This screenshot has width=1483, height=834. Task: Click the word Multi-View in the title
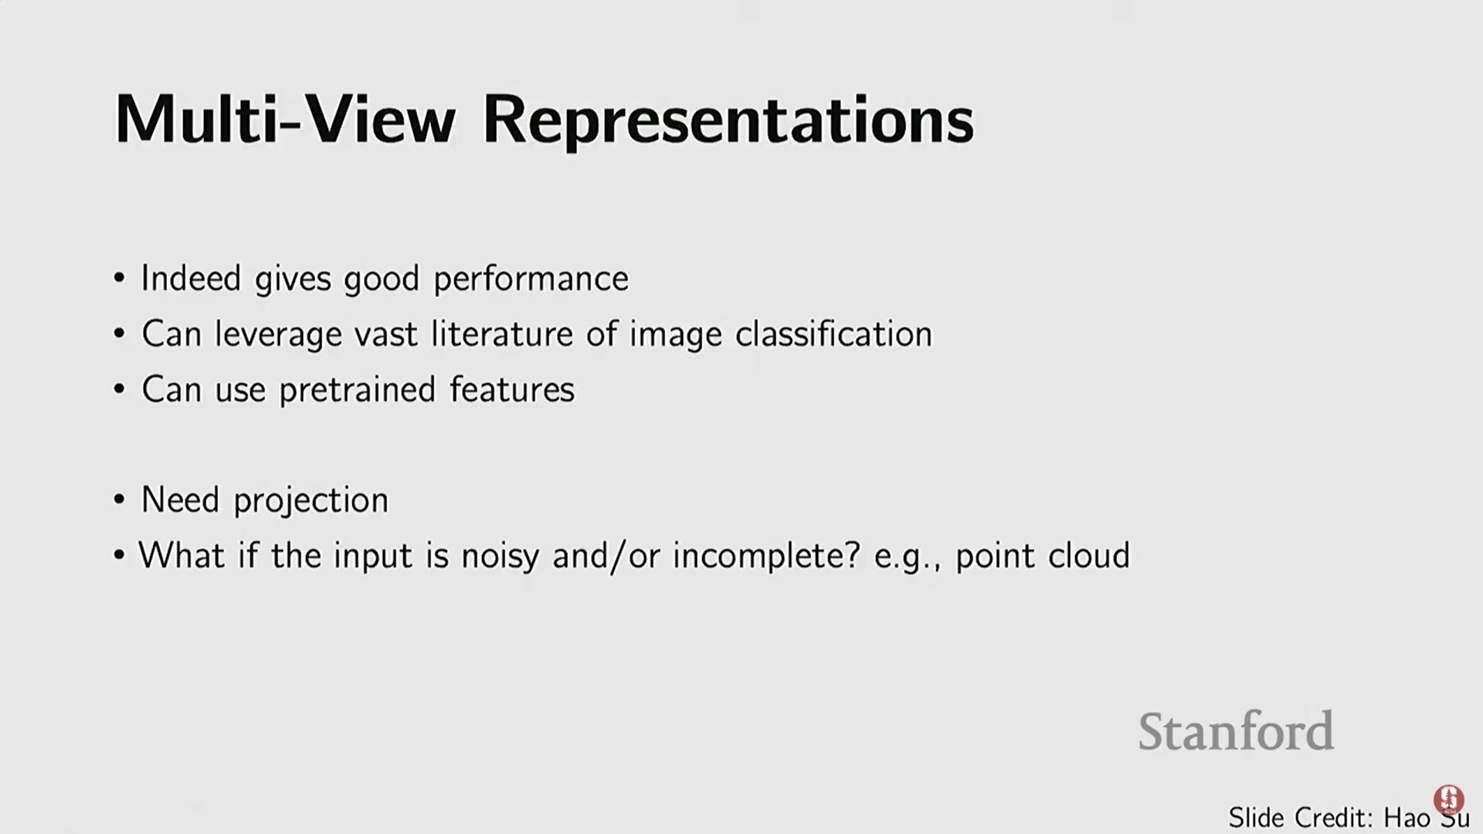pos(285,120)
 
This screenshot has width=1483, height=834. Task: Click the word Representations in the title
pos(728,122)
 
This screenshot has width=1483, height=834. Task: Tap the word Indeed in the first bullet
pos(191,278)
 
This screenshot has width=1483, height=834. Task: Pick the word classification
pos(833,334)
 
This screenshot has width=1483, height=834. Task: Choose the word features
pos(512,389)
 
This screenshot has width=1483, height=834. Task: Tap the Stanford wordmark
pos(1236,731)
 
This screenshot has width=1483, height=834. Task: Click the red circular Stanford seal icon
pos(1448,800)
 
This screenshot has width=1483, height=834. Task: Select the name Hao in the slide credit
pos(1407,818)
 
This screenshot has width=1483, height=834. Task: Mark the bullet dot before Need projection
pos(119,500)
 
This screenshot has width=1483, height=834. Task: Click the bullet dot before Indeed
pos(119,278)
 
